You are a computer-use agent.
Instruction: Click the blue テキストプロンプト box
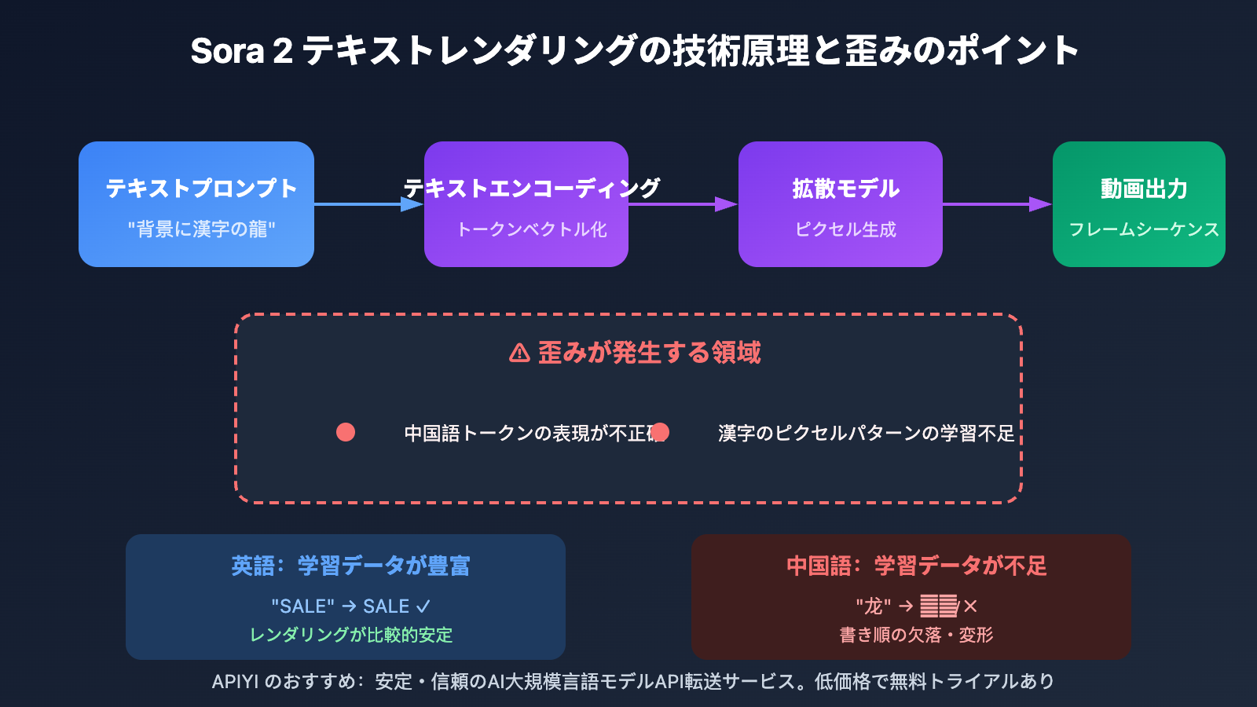point(196,204)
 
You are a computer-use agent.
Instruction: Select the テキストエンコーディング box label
point(532,189)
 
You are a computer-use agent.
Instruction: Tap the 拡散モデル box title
point(845,189)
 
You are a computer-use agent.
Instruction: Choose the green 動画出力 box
point(1138,204)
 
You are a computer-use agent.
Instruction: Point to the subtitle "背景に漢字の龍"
point(202,229)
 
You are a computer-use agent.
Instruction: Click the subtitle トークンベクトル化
point(532,229)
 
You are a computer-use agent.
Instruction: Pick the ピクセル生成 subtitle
point(845,229)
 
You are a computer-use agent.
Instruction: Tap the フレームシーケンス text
point(1144,229)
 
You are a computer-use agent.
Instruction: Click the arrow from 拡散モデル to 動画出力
point(997,204)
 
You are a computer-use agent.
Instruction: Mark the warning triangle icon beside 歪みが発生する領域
point(519,353)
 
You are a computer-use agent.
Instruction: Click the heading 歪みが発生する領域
point(649,353)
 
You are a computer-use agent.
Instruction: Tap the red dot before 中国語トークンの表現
point(346,432)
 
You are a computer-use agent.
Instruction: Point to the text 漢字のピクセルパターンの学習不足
point(866,433)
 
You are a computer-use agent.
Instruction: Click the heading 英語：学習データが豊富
point(350,566)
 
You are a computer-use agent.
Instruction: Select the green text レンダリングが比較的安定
point(350,635)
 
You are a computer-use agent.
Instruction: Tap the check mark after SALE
point(423,606)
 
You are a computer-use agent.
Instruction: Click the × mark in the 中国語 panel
point(971,606)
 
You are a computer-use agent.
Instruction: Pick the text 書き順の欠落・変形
point(916,635)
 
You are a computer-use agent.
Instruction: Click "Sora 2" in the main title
point(241,51)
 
